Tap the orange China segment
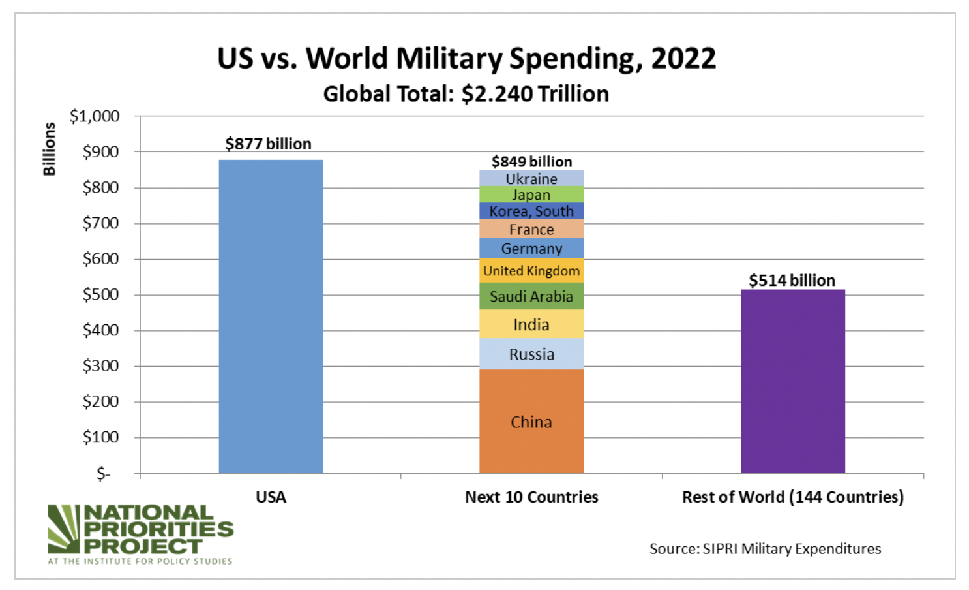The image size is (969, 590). pyautogui.click(x=531, y=422)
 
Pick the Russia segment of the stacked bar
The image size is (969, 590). pyautogui.click(x=531, y=354)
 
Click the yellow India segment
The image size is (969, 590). pyautogui.click(x=531, y=324)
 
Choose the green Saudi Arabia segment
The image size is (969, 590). pyautogui.click(x=531, y=296)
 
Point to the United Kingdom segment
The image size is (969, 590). pyautogui.click(x=531, y=271)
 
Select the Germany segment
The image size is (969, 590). pyautogui.click(x=531, y=249)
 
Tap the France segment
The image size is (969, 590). pyautogui.click(x=531, y=229)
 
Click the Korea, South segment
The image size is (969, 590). pyautogui.click(x=531, y=211)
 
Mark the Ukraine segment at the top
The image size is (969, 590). pyautogui.click(x=531, y=178)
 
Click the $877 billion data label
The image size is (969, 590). pyautogui.click(x=268, y=144)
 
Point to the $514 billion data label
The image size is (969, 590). pyautogui.click(x=792, y=280)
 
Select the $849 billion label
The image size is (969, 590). pyautogui.click(x=531, y=161)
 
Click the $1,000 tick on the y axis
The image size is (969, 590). pyautogui.click(x=95, y=116)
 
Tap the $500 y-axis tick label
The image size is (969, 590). pyautogui.click(x=100, y=294)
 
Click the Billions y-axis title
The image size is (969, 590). pyautogui.click(x=49, y=149)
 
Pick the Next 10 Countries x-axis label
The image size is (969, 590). pyautogui.click(x=531, y=497)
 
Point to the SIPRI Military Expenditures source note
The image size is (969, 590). pyautogui.click(x=765, y=548)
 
